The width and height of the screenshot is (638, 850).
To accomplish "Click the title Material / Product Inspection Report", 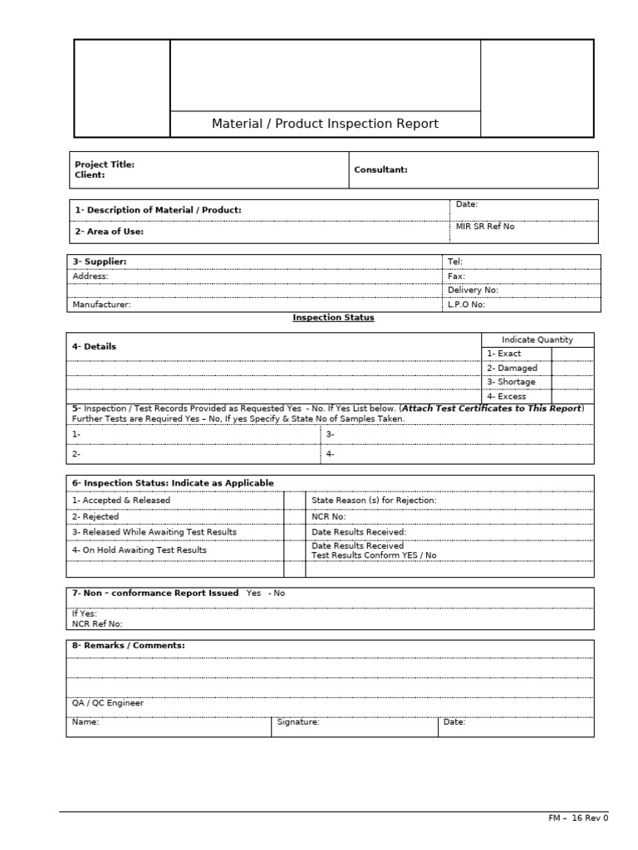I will point(325,124).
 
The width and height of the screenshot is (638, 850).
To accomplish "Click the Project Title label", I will point(105,164).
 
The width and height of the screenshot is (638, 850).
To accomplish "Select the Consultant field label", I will point(380,169).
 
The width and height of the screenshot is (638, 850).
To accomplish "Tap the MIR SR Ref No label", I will point(485,227).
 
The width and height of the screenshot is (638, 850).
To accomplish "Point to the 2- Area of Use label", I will point(110,232).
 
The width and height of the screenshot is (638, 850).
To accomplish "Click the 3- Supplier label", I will point(100,261).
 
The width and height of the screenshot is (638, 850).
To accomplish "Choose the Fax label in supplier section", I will point(456,276).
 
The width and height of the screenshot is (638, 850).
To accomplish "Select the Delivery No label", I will point(473,291).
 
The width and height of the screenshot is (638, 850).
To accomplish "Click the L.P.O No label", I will point(466,305).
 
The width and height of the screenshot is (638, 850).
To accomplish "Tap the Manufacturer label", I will point(101,305).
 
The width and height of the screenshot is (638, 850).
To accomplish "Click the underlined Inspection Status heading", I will point(333,318).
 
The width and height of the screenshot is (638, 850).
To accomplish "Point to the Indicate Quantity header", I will point(537,340).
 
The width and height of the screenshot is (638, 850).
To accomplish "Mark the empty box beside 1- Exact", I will point(572,354).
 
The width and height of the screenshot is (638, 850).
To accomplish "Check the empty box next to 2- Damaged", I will point(572,368).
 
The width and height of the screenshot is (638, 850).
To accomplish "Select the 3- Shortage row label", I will point(511,382).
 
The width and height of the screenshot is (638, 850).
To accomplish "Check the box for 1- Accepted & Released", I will point(294,500).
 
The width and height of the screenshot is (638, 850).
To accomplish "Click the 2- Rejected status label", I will point(96,516).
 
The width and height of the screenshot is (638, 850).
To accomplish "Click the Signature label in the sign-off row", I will point(298,722).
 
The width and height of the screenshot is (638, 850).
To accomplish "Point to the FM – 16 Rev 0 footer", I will point(578,818).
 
